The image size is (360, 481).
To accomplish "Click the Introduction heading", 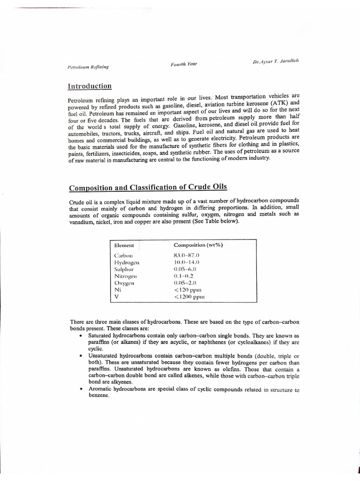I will click(x=90, y=86).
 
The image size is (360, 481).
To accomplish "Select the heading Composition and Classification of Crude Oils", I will click(x=148, y=187).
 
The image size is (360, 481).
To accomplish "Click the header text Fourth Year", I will click(x=183, y=65).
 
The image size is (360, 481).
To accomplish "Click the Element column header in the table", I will click(x=124, y=245).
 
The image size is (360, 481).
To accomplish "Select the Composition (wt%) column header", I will click(x=198, y=245).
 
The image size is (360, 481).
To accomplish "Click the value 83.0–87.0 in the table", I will click(x=187, y=255).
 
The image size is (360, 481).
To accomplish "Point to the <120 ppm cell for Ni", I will click(x=188, y=290).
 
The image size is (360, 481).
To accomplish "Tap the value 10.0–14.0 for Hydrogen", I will click(x=187, y=262).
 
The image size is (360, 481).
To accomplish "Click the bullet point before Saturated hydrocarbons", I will click(x=82, y=336).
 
